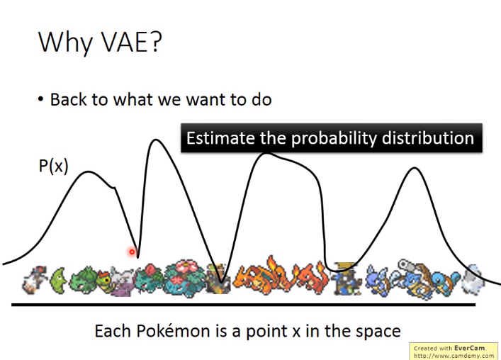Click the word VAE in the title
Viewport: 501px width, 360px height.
(125, 42)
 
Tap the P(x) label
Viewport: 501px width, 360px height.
(53, 166)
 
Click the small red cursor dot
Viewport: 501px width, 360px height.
(132, 252)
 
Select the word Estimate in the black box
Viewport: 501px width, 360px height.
(220, 138)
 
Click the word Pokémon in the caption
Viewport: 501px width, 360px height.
(173, 331)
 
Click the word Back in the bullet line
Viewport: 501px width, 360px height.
(68, 99)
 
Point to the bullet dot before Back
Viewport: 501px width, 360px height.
(40, 99)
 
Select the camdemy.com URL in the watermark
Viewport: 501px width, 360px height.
(454, 355)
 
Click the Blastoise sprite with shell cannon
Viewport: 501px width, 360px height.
(420, 279)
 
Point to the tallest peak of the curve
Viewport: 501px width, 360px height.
(156, 140)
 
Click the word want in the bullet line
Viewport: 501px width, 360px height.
(206, 101)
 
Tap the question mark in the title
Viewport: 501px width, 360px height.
(155, 42)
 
